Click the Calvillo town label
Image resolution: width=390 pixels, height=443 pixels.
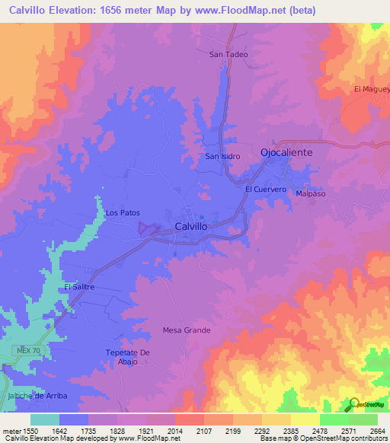tap(191, 226)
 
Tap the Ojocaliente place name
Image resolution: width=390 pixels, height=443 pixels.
tap(298, 151)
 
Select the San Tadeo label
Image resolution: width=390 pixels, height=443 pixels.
tap(229, 55)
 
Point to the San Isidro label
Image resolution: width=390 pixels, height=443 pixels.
tap(222, 156)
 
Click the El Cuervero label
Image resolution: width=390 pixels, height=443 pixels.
tap(265, 189)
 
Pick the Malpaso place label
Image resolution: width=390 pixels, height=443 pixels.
tap(311, 194)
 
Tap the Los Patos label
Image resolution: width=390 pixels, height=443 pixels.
tap(123, 213)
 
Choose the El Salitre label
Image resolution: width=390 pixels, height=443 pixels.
tap(78, 286)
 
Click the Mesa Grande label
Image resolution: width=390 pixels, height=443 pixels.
tap(187, 330)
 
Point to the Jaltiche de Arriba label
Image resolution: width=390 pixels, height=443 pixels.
tap(35, 396)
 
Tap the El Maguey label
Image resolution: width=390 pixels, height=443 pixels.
tap(372, 89)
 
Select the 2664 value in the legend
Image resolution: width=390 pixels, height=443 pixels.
tap(376, 431)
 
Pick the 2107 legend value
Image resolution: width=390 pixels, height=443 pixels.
tap(203, 431)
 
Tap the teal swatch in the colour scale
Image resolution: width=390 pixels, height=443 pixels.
tap(45, 419)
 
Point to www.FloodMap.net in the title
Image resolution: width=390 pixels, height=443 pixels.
tap(240, 10)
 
